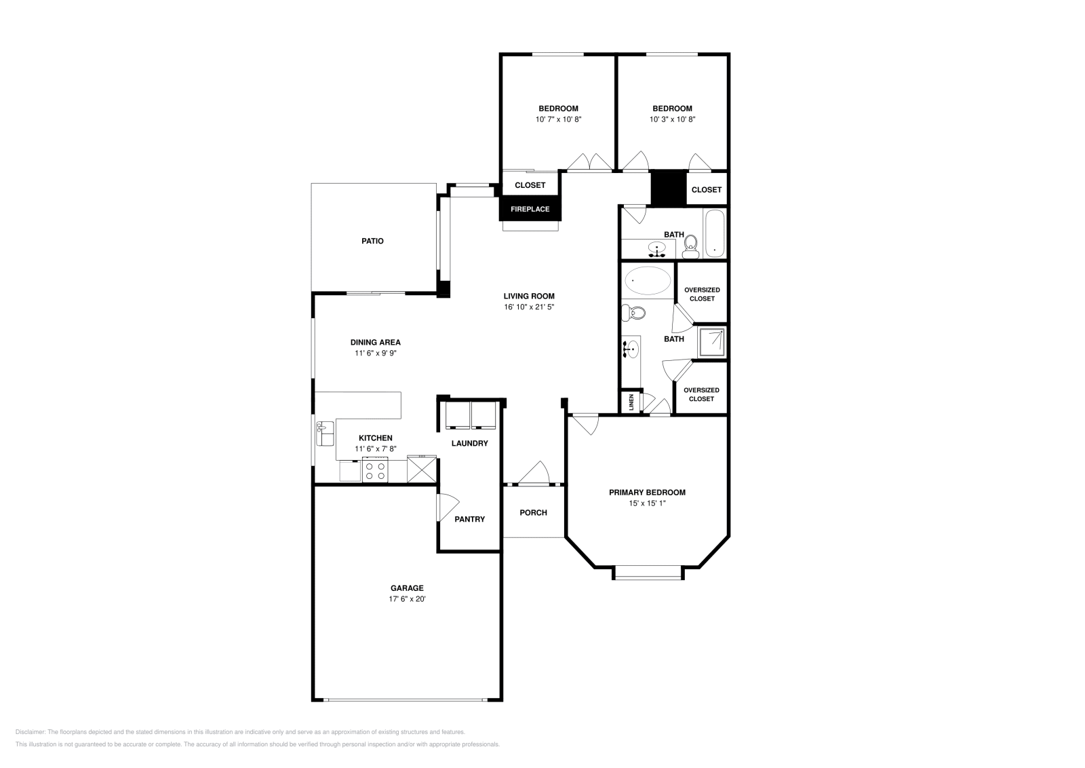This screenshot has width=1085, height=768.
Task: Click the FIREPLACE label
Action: (x=530, y=209)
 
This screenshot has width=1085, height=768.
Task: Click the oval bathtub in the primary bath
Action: (x=648, y=280)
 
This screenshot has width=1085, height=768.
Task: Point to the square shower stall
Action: (x=713, y=343)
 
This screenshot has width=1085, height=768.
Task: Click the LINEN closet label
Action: (x=631, y=402)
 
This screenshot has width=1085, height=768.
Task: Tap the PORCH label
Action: (x=533, y=512)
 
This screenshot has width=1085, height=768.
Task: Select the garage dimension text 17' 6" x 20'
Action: (x=407, y=599)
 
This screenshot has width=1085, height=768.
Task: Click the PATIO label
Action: (x=372, y=241)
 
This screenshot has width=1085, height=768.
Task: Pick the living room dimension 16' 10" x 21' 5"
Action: (x=529, y=307)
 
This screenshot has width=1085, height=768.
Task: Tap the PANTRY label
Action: (x=469, y=519)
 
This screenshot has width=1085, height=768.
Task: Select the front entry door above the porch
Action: (x=533, y=474)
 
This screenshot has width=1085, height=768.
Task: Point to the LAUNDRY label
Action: (x=469, y=443)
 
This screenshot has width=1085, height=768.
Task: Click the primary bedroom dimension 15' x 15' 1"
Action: (x=647, y=503)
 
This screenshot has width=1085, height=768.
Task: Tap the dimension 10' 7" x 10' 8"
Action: (x=558, y=119)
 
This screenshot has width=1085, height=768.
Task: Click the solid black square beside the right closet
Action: (x=669, y=188)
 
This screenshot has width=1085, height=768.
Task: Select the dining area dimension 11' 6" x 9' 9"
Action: (x=375, y=353)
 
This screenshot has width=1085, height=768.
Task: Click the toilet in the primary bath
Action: (x=633, y=313)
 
